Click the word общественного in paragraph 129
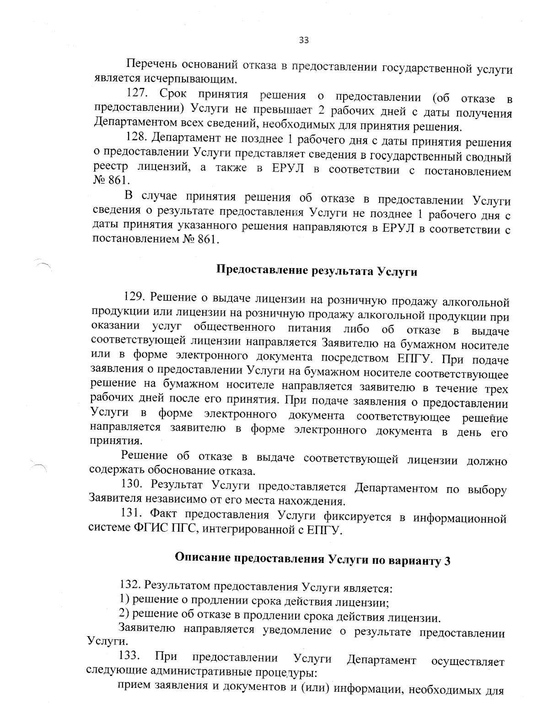point(234,328)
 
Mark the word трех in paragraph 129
point(496,388)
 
